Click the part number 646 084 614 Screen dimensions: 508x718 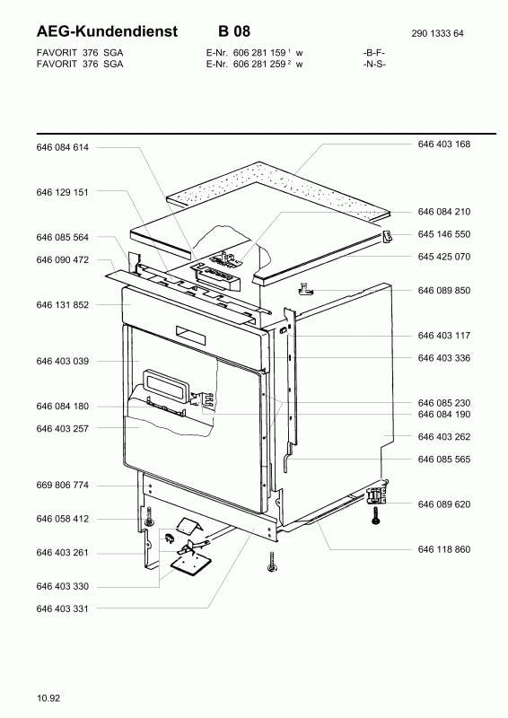(62, 147)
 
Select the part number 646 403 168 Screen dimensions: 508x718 (444, 144)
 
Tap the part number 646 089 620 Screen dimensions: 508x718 (444, 504)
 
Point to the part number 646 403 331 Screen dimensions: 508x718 (62, 609)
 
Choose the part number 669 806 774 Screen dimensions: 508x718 (62, 485)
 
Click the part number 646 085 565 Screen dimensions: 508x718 (444, 460)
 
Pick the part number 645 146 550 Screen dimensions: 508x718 (444, 234)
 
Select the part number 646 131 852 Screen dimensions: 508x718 (62, 304)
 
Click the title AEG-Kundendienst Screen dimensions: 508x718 (107, 31)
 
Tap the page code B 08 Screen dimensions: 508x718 (234, 31)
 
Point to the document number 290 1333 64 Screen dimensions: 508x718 (437, 33)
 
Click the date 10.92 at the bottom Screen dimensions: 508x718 (48, 698)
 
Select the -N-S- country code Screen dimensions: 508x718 (374, 64)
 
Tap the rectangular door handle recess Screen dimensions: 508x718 (166, 386)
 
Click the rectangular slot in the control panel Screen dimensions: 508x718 (190, 336)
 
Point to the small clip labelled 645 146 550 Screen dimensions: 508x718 (388, 237)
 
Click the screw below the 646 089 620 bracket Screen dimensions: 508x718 (376, 515)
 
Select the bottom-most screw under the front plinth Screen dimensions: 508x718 (272, 563)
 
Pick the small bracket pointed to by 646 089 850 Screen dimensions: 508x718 (305, 289)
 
